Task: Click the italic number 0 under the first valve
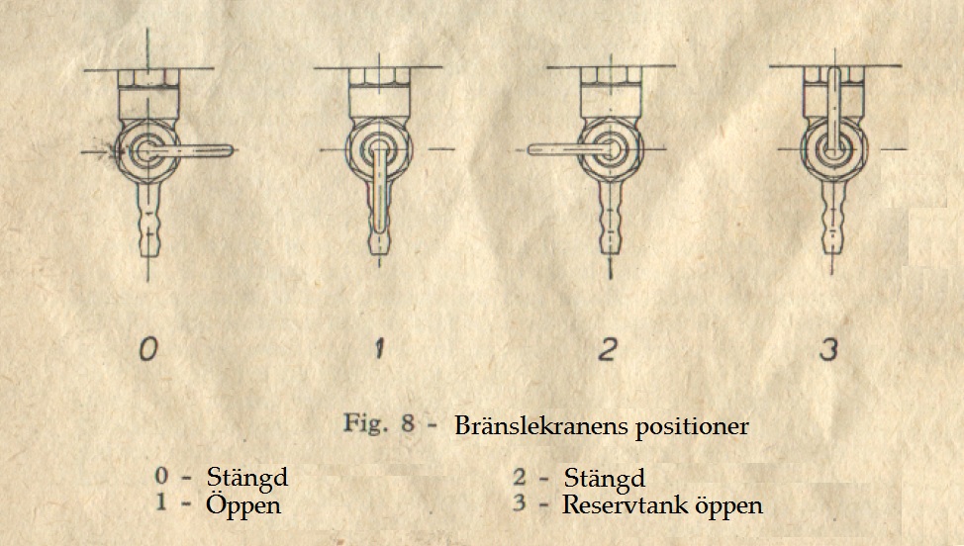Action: (148, 349)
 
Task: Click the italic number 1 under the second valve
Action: (379, 349)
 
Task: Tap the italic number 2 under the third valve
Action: (608, 349)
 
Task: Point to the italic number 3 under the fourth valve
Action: (828, 349)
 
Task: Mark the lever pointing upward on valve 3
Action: (833, 110)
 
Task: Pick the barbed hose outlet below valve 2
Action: (610, 218)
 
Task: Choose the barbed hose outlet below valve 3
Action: (832, 218)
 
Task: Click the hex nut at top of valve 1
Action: (379, 75)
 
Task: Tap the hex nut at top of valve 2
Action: (611, 75)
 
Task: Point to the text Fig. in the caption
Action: (365, 423)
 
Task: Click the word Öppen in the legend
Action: (243, 504)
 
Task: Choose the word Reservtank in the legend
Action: (625, 504)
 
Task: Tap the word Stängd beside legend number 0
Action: (247, 477)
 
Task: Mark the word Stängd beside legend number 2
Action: (605, 479)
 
